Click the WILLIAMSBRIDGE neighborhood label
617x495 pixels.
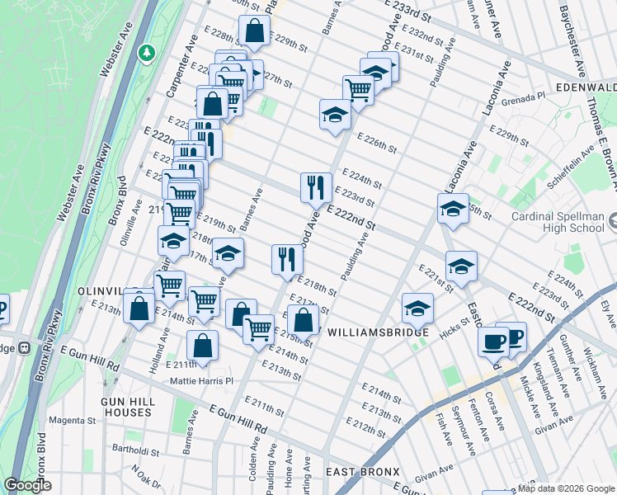pyautogui.click(x=378, y=332)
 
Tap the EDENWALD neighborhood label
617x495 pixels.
pyautogui.click(x=586, y=87)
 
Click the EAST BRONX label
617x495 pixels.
pyautogui.click(x=362, y=471)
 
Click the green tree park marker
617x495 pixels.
pyautogui.click(x=147, y=53)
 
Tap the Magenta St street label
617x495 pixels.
pyautogui.click(x=72, y=421)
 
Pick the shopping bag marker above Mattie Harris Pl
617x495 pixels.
pyautogui.click(x=202, y=346)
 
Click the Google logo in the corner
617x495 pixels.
pyautogui.click(x=27, y=485)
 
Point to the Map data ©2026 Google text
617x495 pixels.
pyautogui.click(x=565, y=488)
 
